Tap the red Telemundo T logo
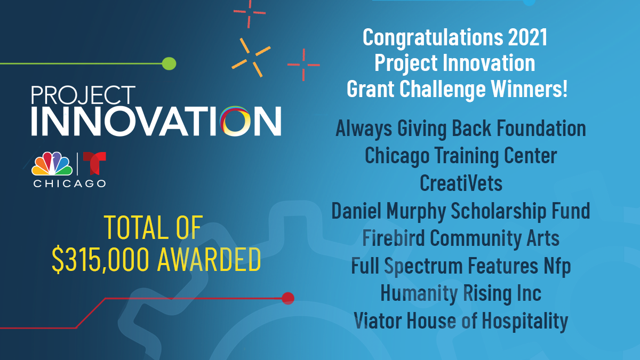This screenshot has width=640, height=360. [94, 164]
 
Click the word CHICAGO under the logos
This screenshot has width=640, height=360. [69, 183]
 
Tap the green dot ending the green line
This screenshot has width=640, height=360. [169, 64]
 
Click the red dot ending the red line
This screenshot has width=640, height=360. [288, 298]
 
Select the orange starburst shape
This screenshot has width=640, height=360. [251, 57]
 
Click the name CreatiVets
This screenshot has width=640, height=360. [461, 183]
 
